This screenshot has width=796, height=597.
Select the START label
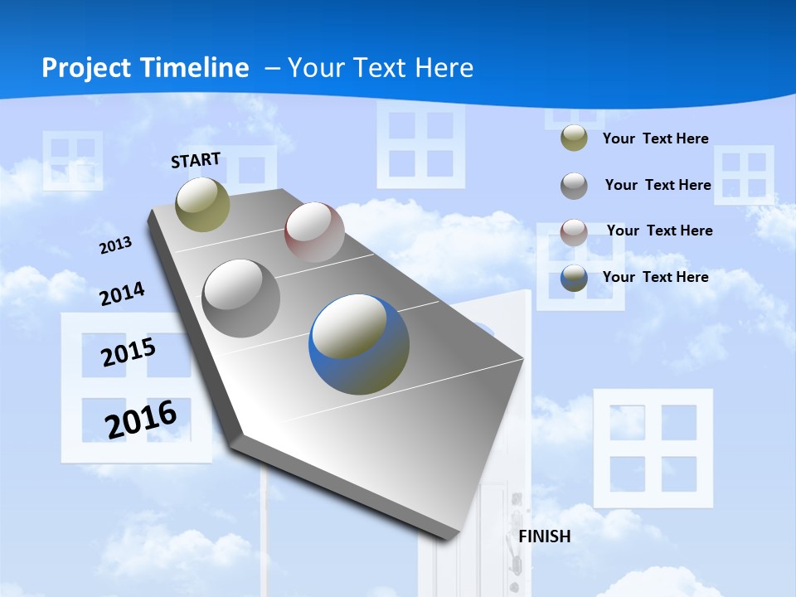pyautogui.click(x=196, y=160)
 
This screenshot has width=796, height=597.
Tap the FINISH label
pyautogui.click(x=545, y=536)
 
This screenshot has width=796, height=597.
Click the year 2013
pyautogui.click(x=116, y=245)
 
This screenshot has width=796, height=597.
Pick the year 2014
pyautogui.click(x=122, y=294)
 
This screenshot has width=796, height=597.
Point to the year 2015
pyautogui.click(x=129, y=352)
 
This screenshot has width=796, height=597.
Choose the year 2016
pyautogui.click(x=141, y=419)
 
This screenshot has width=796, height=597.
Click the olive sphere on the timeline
pyautogui.click(x=202, y=204)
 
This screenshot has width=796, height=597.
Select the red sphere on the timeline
pyautogui.click(x=314, y=232)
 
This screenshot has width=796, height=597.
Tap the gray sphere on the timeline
pyautogui.click(x=241, y=298)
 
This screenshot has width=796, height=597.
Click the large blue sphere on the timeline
pyautogui.click(x=359, y=344)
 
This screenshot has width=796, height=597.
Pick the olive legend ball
pyautogui.click(x=574, y=138)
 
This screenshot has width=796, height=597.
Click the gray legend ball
pyautogui.click(x=574, y=185)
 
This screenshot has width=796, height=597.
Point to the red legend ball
pyautogui.click(x=574, y=231)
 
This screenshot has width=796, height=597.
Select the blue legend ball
pyautogui.click(x=574, y=278)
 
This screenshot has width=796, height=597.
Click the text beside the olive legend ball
pyautogui.click(x=656, y=138)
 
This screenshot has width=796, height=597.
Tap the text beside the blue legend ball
pyautogui.click(x=656, y=277)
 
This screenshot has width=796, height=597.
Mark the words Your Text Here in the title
pyautogui.click(x=381, y=68)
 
